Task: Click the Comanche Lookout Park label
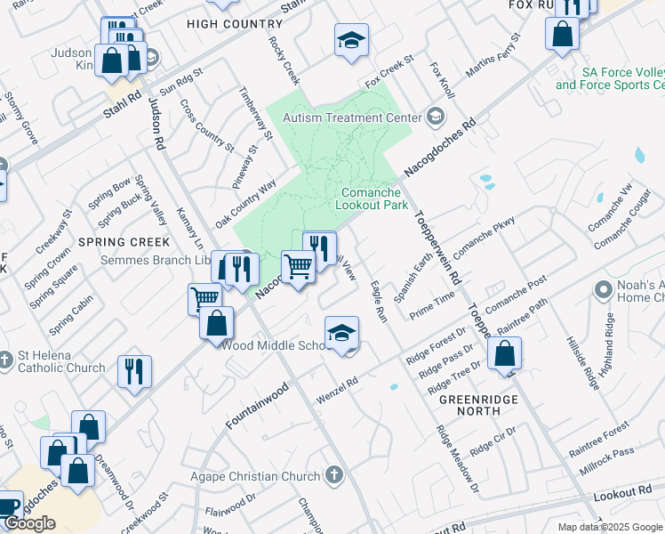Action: click(372, 198)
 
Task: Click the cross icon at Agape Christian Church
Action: click(334, 474)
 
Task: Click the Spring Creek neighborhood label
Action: click(124, 242)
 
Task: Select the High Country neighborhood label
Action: click(222, 24)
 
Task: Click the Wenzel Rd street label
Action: click(338, 392)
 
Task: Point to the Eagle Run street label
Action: click(378, 302)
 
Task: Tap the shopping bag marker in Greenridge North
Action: click(504, 354)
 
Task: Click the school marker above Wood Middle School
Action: click(341, 333)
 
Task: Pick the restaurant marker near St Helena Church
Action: click(134, 372)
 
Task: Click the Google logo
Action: click(29, 523)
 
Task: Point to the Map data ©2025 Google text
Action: click(610, 526)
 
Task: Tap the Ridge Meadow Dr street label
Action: click(457, 459)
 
